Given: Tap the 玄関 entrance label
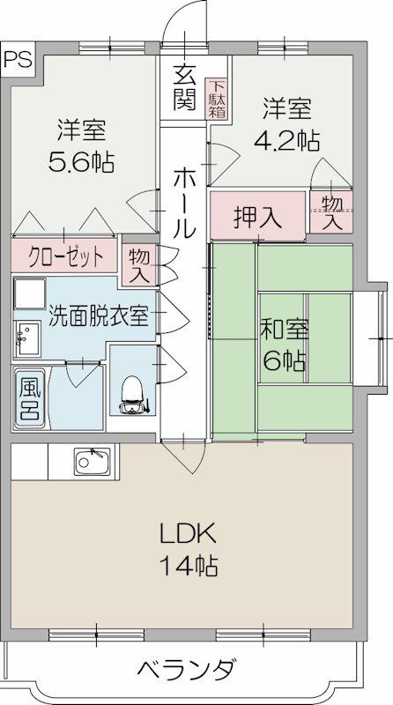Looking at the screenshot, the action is (x=185, y=86).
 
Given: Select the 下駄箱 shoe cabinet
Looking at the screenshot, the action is (x=217, y=99).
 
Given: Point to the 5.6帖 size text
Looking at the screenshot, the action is (x=81, y=162).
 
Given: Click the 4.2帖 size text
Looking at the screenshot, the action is (x=287, y=141).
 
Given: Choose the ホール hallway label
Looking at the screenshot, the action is (x=184, y=203).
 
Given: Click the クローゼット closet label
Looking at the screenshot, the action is (x=66, y=257).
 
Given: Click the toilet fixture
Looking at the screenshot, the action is (x=133, y=395).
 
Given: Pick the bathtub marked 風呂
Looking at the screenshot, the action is (x=30, y=398).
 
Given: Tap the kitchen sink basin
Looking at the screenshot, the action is (x=93, y=461).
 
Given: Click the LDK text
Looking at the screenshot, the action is (x=189, y=536).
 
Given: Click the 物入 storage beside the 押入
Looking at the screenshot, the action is (x=331, y=211).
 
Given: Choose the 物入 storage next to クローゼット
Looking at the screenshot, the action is (x=139, y=265).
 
